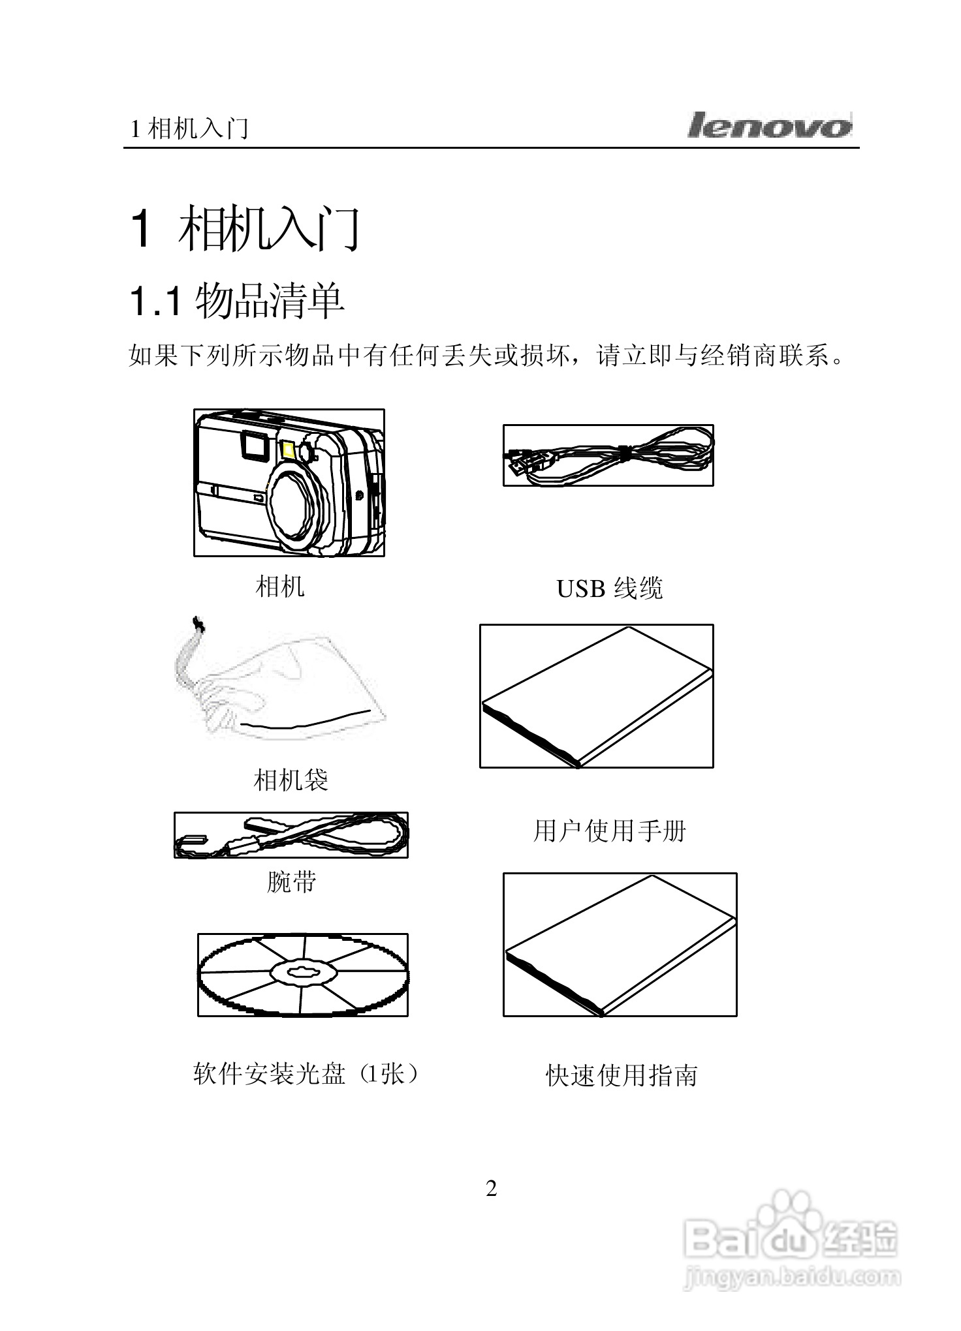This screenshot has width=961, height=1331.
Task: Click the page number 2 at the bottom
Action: [491, 1189]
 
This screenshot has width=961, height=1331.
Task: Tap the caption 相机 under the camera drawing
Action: [279, 586]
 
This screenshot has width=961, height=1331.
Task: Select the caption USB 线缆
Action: [608, 589]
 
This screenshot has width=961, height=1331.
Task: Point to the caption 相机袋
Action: [291, 780]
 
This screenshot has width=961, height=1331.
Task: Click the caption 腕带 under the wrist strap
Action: [291, 881]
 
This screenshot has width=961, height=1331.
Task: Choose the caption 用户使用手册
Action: [609, 831]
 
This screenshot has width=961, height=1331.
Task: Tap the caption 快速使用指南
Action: [621, 1076]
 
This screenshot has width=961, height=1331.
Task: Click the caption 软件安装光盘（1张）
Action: [305, 1073]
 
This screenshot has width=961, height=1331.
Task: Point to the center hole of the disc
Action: [302, 973]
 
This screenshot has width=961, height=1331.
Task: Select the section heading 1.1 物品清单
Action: [237, 301]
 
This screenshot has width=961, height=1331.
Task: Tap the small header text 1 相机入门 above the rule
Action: [189, 129]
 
